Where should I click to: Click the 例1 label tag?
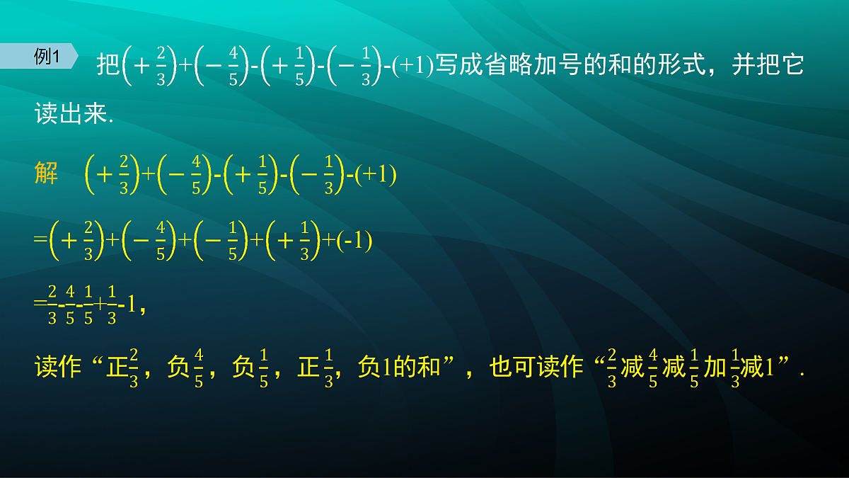47,57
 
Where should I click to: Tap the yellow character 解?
47,173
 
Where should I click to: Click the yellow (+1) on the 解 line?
376,175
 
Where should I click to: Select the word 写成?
458,66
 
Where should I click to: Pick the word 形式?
681,66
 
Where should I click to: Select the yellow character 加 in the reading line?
715,368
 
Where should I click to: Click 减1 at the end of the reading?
755,368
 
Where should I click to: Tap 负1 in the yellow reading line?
375,368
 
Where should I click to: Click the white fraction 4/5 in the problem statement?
233,66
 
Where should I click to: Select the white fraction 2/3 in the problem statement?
161,66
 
